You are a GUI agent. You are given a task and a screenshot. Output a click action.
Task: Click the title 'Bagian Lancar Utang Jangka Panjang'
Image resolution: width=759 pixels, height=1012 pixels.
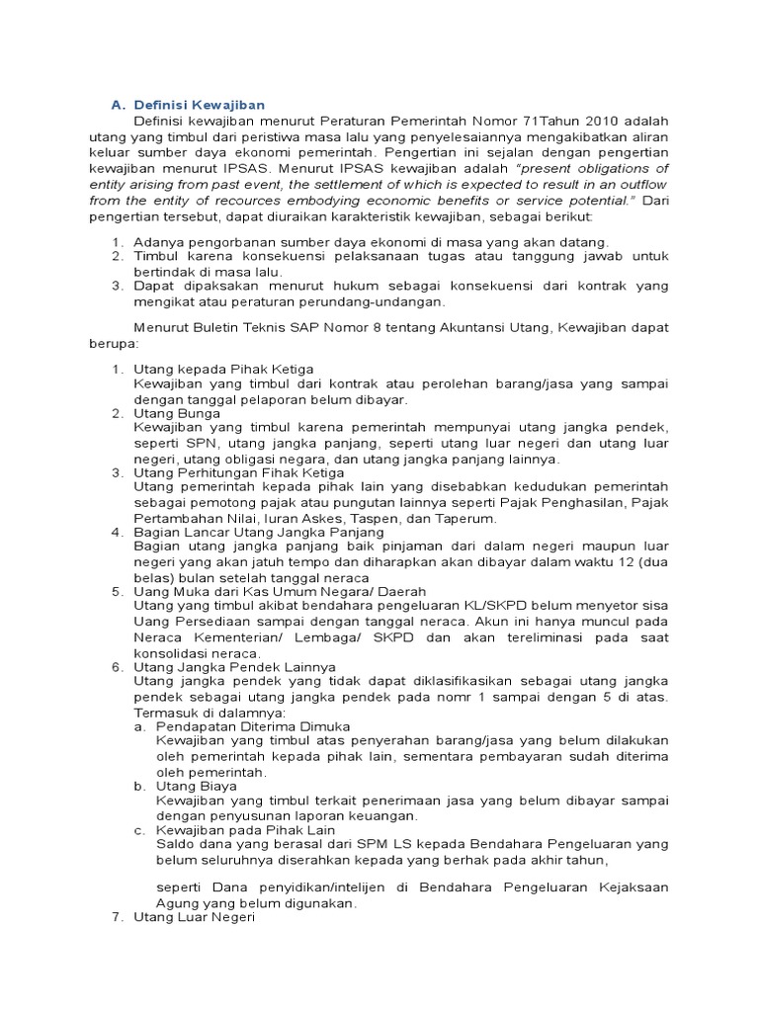tap(252, 533)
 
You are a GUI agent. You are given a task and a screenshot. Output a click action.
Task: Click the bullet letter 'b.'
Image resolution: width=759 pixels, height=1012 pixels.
tap(141, 786)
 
